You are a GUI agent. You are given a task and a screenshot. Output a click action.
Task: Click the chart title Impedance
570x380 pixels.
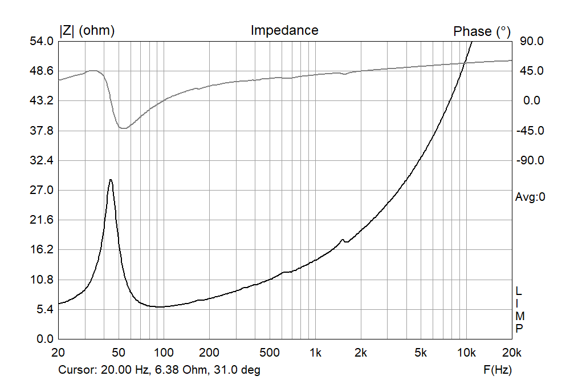click(x=284, y=30)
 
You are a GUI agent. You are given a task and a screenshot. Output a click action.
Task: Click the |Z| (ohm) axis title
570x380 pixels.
click(x=87, y=31)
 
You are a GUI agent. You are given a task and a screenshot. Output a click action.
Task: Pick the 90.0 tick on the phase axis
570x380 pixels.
click(x=530, y=42)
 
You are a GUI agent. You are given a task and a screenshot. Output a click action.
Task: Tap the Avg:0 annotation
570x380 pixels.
click(x=530, y=198)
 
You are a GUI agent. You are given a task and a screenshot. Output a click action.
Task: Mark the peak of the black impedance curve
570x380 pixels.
click(x=111, y=180)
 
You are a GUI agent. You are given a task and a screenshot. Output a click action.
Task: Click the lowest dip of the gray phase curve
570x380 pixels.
click(x=123, y=128)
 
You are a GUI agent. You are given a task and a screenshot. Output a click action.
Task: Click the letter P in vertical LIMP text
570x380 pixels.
click(x=519, y=328)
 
